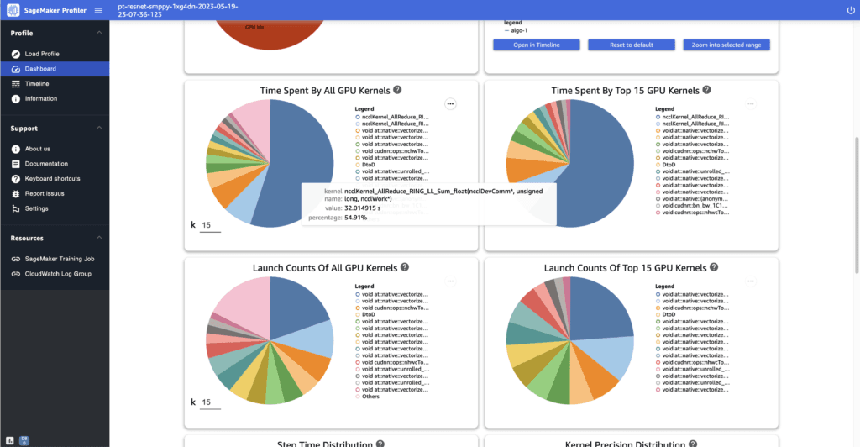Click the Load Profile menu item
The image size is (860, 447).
42,54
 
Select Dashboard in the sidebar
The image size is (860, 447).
40,69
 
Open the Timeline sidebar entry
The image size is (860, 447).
37,84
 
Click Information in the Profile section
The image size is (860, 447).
41,99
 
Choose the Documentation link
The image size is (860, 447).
46,164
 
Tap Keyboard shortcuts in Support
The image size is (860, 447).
52,179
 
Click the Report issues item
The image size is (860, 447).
45,193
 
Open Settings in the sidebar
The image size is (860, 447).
36,208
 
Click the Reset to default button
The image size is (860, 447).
631,45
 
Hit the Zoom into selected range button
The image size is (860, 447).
726,45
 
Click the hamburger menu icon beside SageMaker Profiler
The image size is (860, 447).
98,10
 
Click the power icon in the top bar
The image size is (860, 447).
851,10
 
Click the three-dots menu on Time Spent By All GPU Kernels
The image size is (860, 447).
450,103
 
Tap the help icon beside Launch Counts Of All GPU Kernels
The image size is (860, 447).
405,267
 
